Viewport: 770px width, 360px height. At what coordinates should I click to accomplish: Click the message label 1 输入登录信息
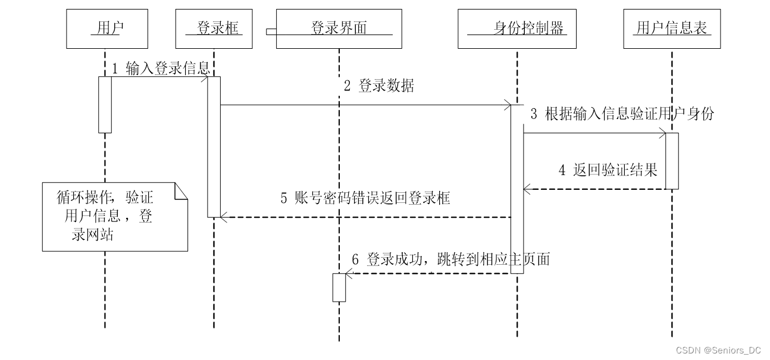click(x=161, y=68)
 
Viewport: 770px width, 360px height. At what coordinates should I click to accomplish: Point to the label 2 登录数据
click(x=379, y=86)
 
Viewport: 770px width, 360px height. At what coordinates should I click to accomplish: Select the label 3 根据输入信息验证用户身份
click(x=622, y=114)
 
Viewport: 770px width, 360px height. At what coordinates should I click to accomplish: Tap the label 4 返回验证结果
click(x=608, y=170)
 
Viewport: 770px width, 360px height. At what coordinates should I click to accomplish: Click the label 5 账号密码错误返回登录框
click(x=365, y=198)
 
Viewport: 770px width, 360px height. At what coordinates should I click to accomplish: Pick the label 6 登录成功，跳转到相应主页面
click(x=451, y=259)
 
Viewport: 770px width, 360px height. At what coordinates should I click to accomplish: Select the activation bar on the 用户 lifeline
click(x=105, y=105)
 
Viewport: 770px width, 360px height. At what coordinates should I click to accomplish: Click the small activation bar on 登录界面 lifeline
click(x=339, y=288)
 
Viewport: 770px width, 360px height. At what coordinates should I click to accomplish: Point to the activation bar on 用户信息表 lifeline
click(x=672, y=161)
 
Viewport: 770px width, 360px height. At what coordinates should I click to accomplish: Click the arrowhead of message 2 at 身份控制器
click(x=508, y=105)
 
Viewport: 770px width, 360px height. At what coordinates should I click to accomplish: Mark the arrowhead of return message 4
click(x=527, y=189)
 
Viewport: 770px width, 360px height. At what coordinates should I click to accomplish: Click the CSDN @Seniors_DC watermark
click(x=718, y=350)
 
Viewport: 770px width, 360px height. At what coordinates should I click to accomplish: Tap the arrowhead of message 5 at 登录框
click(x=224, y=217)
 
